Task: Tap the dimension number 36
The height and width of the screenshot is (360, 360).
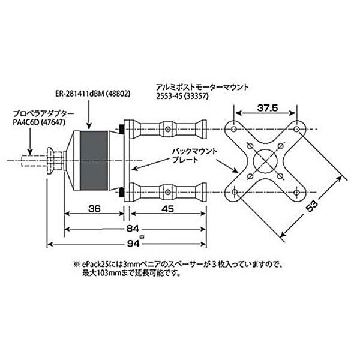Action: click(x=94, y=209)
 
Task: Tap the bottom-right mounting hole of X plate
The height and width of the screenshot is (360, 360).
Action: click(x=295, y=192)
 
